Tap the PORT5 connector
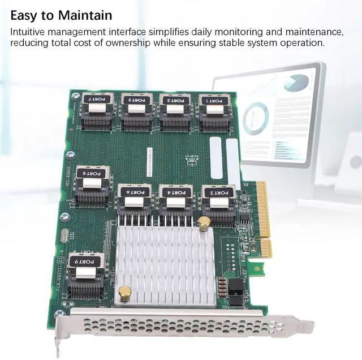(136, 110)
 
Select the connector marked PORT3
(175, 110)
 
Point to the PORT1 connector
(214, 111)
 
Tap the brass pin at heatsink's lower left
(125, 293)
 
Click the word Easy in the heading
(25, 15)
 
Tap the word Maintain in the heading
(84, 15)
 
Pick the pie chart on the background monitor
(296, 83)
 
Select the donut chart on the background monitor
(256, 118)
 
